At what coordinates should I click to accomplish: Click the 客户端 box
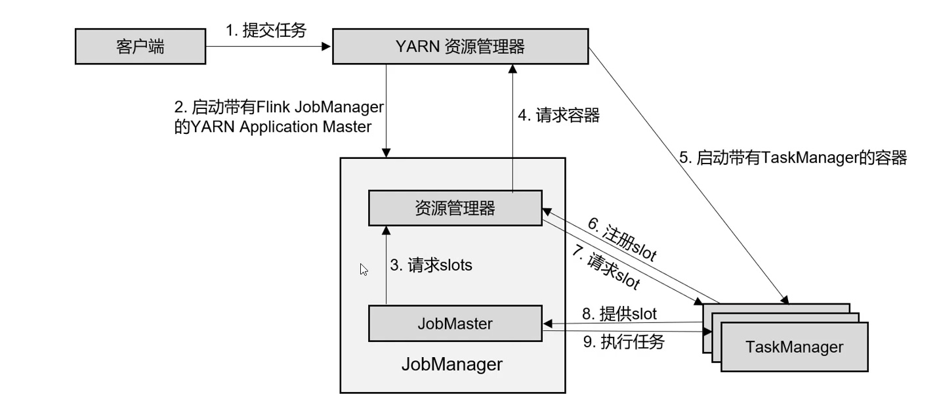coord(140,47)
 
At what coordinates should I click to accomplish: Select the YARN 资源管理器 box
coord(459,47)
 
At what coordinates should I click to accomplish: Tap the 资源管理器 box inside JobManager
coord(455,209)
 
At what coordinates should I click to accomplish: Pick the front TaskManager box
coord(794,347)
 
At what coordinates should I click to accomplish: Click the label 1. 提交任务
coord(266,31)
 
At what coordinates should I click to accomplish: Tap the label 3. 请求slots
coord(431,265)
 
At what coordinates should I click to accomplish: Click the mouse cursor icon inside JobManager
coord(364,269)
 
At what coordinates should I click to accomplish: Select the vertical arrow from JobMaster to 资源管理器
coord(386,266)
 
